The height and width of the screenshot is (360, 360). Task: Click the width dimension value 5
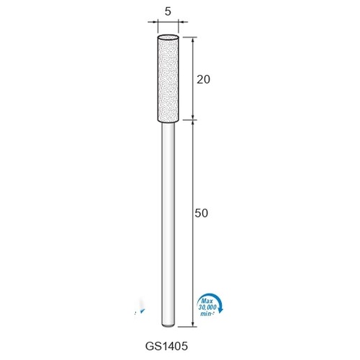pos(168,12)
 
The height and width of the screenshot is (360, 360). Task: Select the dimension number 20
pos(203,79)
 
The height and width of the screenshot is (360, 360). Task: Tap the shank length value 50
pos(201,213)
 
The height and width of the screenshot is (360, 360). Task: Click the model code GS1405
pos(166,346)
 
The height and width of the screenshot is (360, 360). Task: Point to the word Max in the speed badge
pos(207,301)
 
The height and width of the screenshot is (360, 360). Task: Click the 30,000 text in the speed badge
pos(207,307)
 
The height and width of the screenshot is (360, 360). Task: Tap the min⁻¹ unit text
pos(207,313)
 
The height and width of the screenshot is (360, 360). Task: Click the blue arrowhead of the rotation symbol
pos(221,310)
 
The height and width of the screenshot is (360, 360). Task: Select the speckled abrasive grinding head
pos(168,78)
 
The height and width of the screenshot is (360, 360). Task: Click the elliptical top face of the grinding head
pos(168,37)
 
